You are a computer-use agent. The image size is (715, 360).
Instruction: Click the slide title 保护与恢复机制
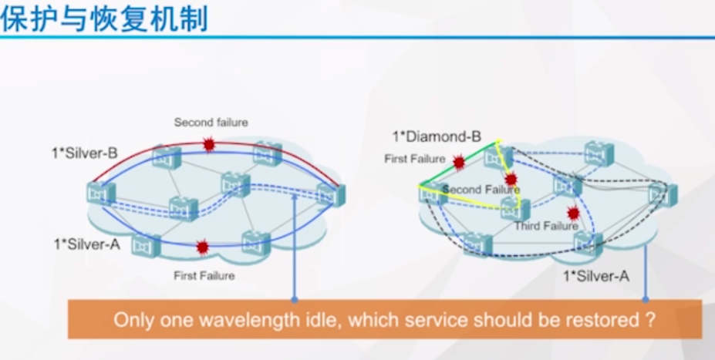click(x=105, y=19)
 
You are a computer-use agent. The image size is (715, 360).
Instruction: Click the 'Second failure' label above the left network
click(x=211, y=122)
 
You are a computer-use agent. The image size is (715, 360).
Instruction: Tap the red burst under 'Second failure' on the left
click(x=208, y=144)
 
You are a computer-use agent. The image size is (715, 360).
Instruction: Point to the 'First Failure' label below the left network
click(x=204, y=275)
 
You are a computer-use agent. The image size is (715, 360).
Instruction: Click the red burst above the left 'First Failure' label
click(x=203, y=247)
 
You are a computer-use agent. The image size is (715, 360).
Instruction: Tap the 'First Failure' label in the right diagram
click(x=415, y=159)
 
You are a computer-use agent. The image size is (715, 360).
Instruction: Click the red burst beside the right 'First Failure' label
click(x=459, y=162)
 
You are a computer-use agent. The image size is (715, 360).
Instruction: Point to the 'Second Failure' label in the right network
click(x=481, y=190)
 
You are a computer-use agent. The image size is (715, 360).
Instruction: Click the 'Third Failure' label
click(x=545, y=226)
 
